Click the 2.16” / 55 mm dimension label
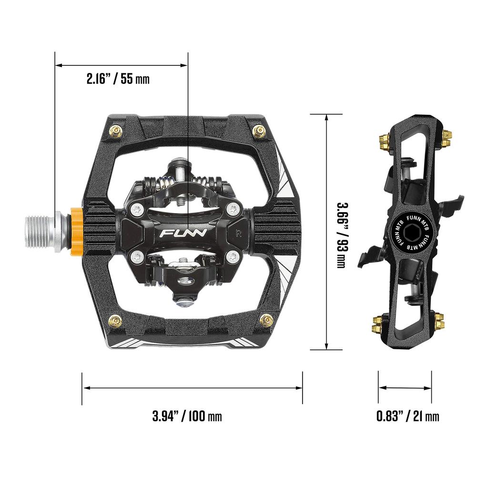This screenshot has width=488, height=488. coord(118,79)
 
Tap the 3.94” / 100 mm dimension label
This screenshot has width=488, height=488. coord(187,416)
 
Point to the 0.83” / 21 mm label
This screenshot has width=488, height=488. coord(408,416)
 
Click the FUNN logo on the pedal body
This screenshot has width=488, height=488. coord(183,234)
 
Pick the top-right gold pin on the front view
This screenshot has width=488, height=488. coord(259,130)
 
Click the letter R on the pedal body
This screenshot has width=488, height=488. coord(240,234)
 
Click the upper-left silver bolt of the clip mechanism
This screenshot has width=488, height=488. coord(136,208)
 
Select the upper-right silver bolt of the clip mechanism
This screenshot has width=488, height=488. coord(233,208)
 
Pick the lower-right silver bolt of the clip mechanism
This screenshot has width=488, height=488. coord(233,257)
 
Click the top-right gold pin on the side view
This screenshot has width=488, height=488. coord(447,138)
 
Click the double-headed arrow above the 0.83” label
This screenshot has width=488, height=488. coord(405,388)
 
